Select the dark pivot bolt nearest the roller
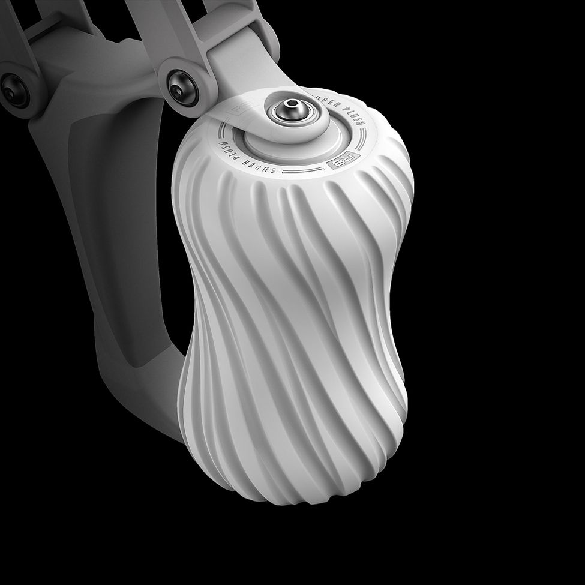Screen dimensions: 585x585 179,88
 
